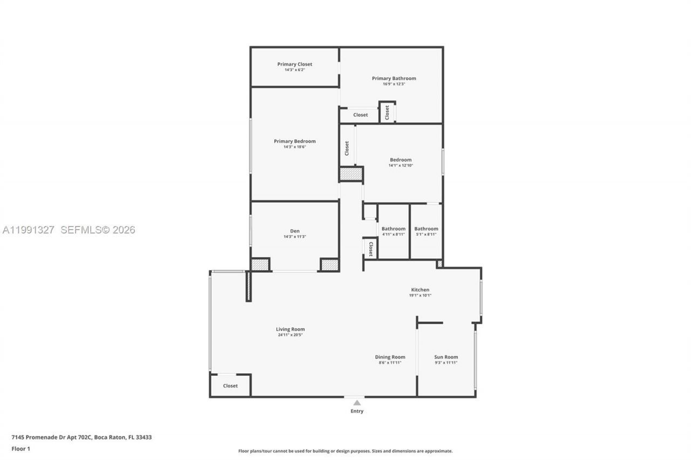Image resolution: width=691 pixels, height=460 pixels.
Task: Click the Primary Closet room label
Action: point(295,64)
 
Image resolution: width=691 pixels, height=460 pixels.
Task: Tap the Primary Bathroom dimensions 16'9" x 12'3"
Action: point(394,84)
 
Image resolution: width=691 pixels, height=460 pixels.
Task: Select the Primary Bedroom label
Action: point(295,141)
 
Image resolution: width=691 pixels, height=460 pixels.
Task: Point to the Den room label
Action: point(295,231)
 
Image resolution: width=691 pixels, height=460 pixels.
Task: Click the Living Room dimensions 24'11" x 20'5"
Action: point(290,335)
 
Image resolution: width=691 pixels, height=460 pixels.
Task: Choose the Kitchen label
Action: point(420,290)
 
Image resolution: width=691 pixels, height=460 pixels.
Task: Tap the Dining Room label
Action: point(390,357)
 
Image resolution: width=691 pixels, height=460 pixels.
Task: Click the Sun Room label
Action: point(446,357)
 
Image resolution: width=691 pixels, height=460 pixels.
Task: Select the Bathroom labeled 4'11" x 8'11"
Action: point(393,229)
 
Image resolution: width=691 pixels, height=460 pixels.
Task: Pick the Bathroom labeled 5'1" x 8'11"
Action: point(426,229)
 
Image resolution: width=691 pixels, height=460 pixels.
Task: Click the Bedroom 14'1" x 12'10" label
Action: point(401,160)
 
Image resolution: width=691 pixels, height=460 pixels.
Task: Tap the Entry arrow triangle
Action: point(356,402)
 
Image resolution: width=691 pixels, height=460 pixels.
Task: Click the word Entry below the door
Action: point(357,411)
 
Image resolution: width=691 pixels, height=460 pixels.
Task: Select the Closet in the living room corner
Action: point(231,386)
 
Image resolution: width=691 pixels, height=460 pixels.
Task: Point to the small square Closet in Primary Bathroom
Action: point(387,112)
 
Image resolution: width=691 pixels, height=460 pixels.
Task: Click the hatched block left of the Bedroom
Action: point(350,174)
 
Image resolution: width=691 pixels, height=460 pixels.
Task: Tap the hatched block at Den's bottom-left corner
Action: point(260,265)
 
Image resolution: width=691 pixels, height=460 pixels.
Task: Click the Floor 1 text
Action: point(21,449)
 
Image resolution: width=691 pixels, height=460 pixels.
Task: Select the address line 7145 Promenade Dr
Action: point(82,437)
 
